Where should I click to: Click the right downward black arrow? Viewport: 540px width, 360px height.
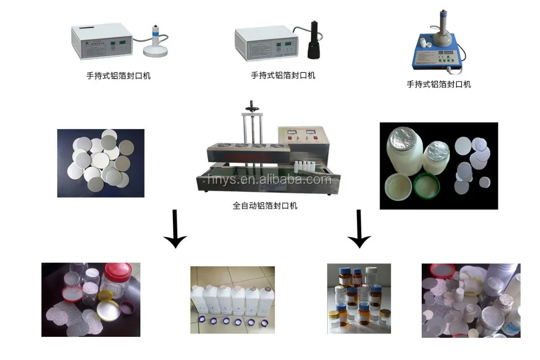359,229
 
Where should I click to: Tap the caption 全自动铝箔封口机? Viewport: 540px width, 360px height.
265,206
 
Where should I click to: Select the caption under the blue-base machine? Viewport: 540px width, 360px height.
438,84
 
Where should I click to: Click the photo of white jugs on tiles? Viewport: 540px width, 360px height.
232,300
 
